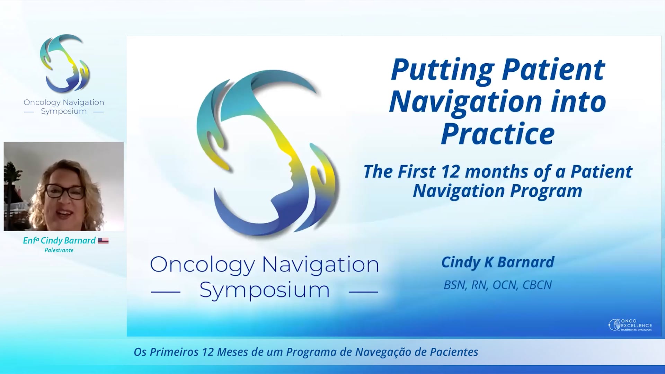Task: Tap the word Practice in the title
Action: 498,134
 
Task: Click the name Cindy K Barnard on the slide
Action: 498,262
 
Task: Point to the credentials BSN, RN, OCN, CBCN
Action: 498,285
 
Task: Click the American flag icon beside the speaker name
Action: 103,241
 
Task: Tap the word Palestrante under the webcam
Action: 59,250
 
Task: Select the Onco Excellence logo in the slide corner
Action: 630,325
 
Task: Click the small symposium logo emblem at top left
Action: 65,63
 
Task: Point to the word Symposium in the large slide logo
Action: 264,290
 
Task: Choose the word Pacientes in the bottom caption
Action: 454,352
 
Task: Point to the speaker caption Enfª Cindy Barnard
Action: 59,240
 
